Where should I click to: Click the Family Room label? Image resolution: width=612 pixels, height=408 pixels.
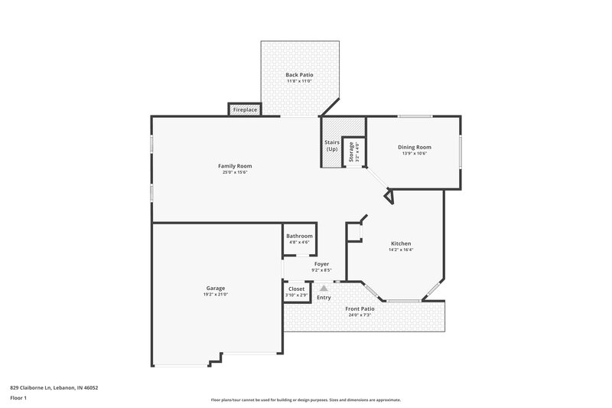coord(235,166)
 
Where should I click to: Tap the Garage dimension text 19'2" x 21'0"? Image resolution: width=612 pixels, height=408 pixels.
coord(215,294)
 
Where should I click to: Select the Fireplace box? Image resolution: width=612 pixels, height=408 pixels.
coord(245,110)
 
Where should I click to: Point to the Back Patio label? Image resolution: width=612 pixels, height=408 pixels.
coord(299,74)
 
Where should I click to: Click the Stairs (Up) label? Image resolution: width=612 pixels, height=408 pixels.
coord(332,145)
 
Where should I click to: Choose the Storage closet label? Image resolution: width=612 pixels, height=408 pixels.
coord(352,150)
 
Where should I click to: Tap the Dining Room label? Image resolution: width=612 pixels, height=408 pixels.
coord(414,147)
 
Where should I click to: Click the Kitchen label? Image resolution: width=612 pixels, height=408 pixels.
coord(401,243)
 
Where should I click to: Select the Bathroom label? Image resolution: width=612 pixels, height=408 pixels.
coord(300,236)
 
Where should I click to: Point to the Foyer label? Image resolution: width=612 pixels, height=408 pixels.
coord(321,264)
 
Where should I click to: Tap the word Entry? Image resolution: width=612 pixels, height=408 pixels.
coord(324,297)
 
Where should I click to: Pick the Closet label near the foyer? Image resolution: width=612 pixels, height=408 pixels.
coord(296,289)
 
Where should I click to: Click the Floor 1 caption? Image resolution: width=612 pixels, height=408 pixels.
coord(18,399)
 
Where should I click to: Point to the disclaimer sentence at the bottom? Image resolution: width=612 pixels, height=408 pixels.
coord(305,400)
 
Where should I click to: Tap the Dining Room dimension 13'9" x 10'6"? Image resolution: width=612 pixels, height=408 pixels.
coord(414,153)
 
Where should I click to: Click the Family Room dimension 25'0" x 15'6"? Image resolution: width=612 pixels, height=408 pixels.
coord(235,172)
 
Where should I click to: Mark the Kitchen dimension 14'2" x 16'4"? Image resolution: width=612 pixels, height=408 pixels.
coord(401,249)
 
